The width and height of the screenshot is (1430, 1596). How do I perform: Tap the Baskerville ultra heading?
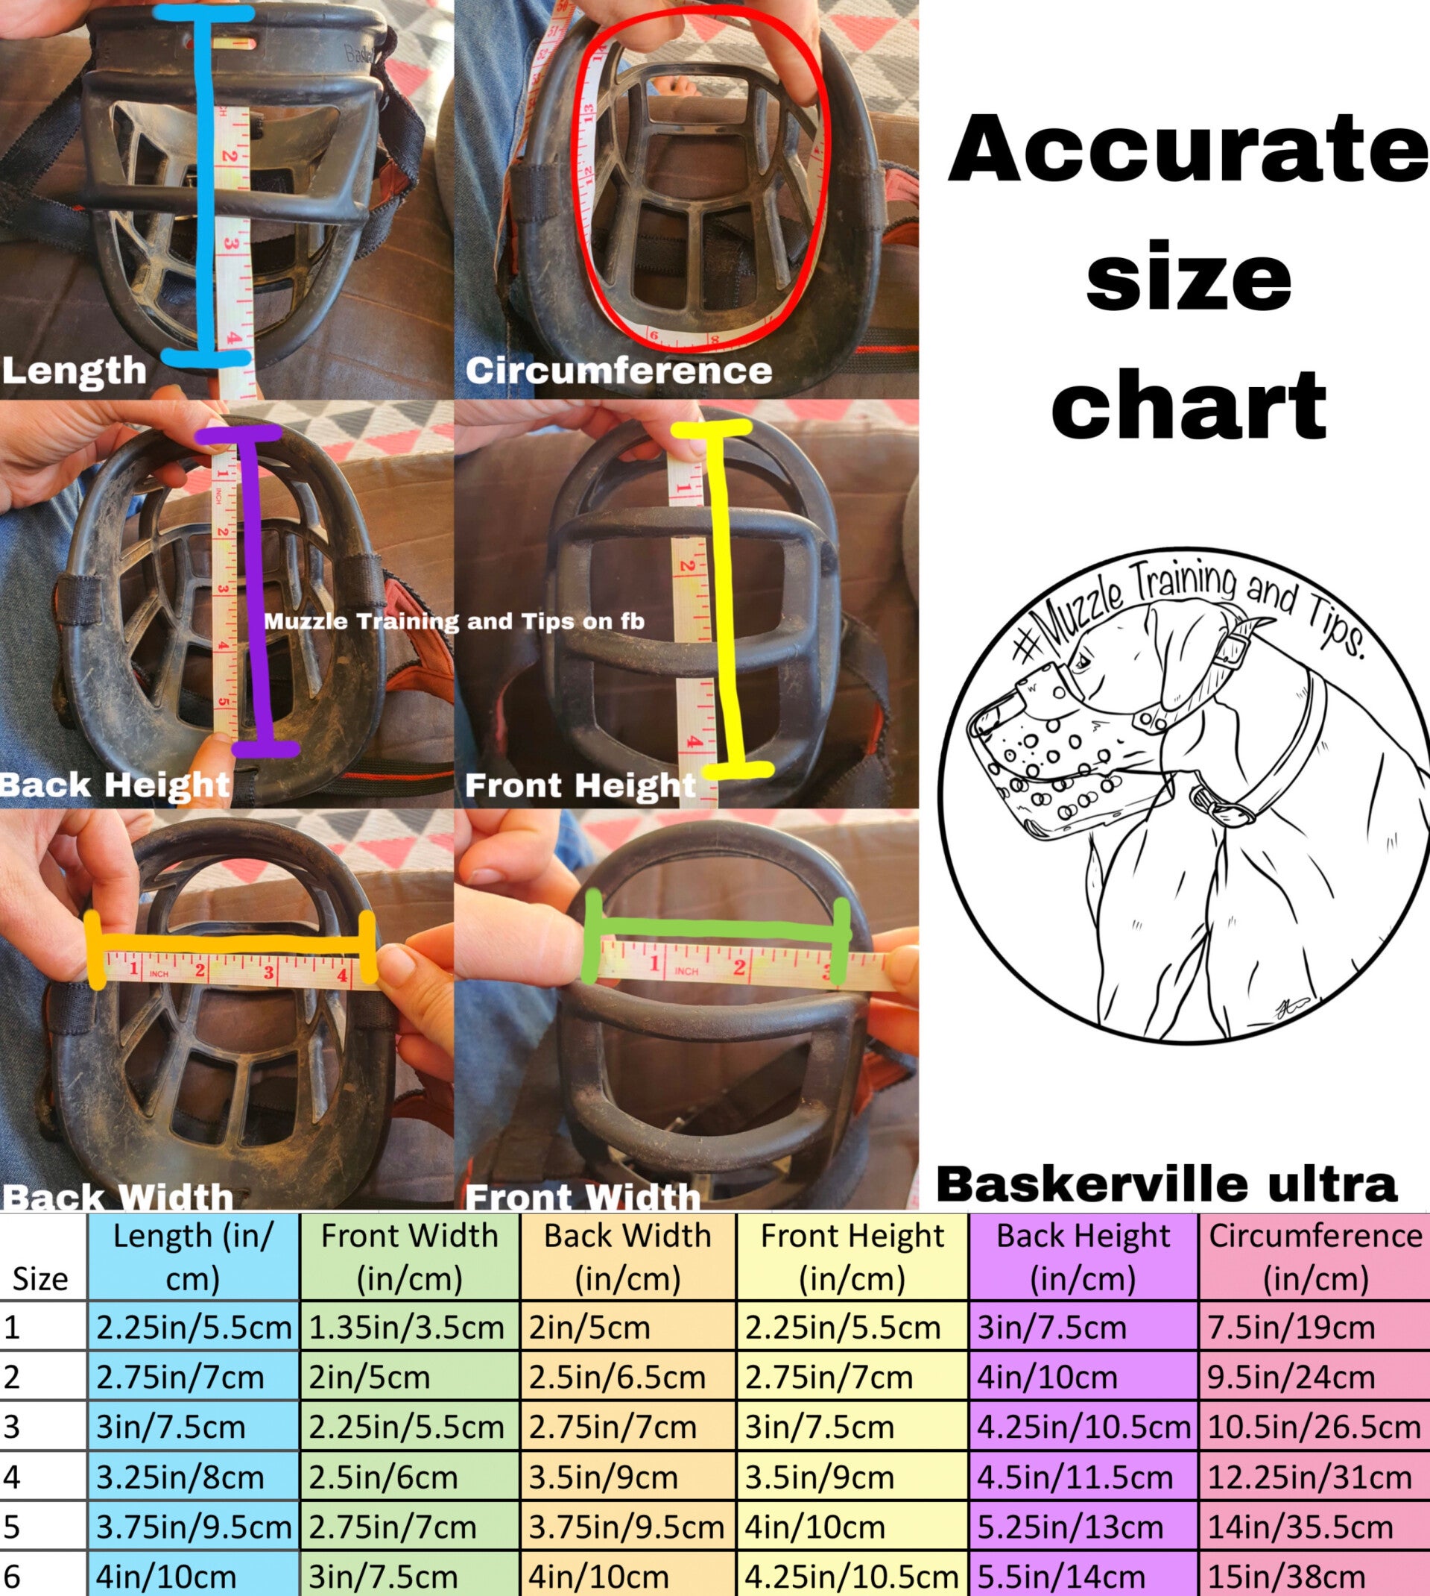(x=1167, y=1184)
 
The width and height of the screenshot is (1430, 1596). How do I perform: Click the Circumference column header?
(x=1314, y=1257)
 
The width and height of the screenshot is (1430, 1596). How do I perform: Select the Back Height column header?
(x=1083, y=1257)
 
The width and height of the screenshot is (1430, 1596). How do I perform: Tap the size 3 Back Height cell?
(x=1083, y=1427)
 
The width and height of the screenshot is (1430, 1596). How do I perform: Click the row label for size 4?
(x=12, y=1477)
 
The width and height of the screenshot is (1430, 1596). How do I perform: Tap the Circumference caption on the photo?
(x=618, y=371)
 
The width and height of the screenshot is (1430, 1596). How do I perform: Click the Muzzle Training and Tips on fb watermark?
(x=454, y=621)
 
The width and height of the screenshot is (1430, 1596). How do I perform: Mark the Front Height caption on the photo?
(x=580, y=785)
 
